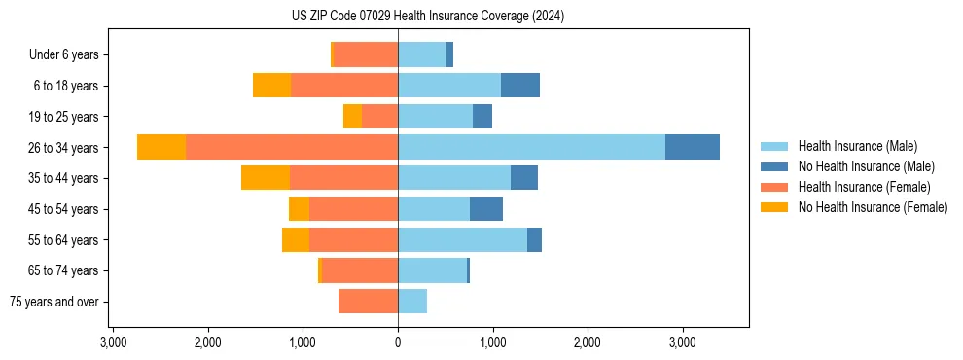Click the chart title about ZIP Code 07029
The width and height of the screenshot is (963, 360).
[x=427, y=17]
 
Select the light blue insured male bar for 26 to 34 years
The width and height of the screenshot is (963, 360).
[x=531, y=147]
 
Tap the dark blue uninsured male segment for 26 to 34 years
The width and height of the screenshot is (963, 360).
[x=692, y=147]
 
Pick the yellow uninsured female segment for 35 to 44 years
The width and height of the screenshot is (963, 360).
[x=266, y=178]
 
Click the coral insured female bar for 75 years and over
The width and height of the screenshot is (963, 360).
[x=368, y=302]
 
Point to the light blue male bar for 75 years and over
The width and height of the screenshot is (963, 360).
[x=412, y=302]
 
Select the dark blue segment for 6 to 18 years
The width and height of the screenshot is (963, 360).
[x=519, y=86]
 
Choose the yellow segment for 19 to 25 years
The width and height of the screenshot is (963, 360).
[x=352, y=117]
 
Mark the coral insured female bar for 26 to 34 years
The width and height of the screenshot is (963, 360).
[x=292, y=147]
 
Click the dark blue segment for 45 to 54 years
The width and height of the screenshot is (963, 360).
[x=485, y=209]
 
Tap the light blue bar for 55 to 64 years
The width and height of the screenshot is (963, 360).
[x=462, y=240]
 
